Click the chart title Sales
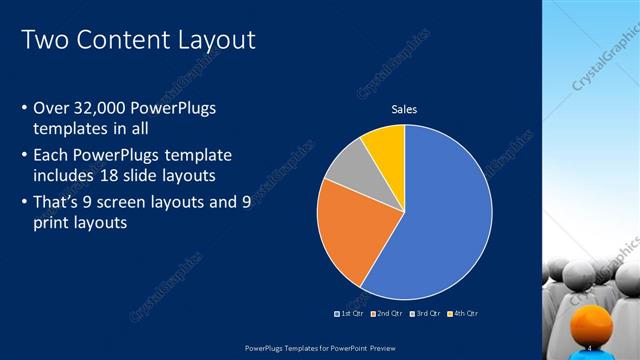tap(404, 109)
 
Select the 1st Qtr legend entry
tap(349, 314)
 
